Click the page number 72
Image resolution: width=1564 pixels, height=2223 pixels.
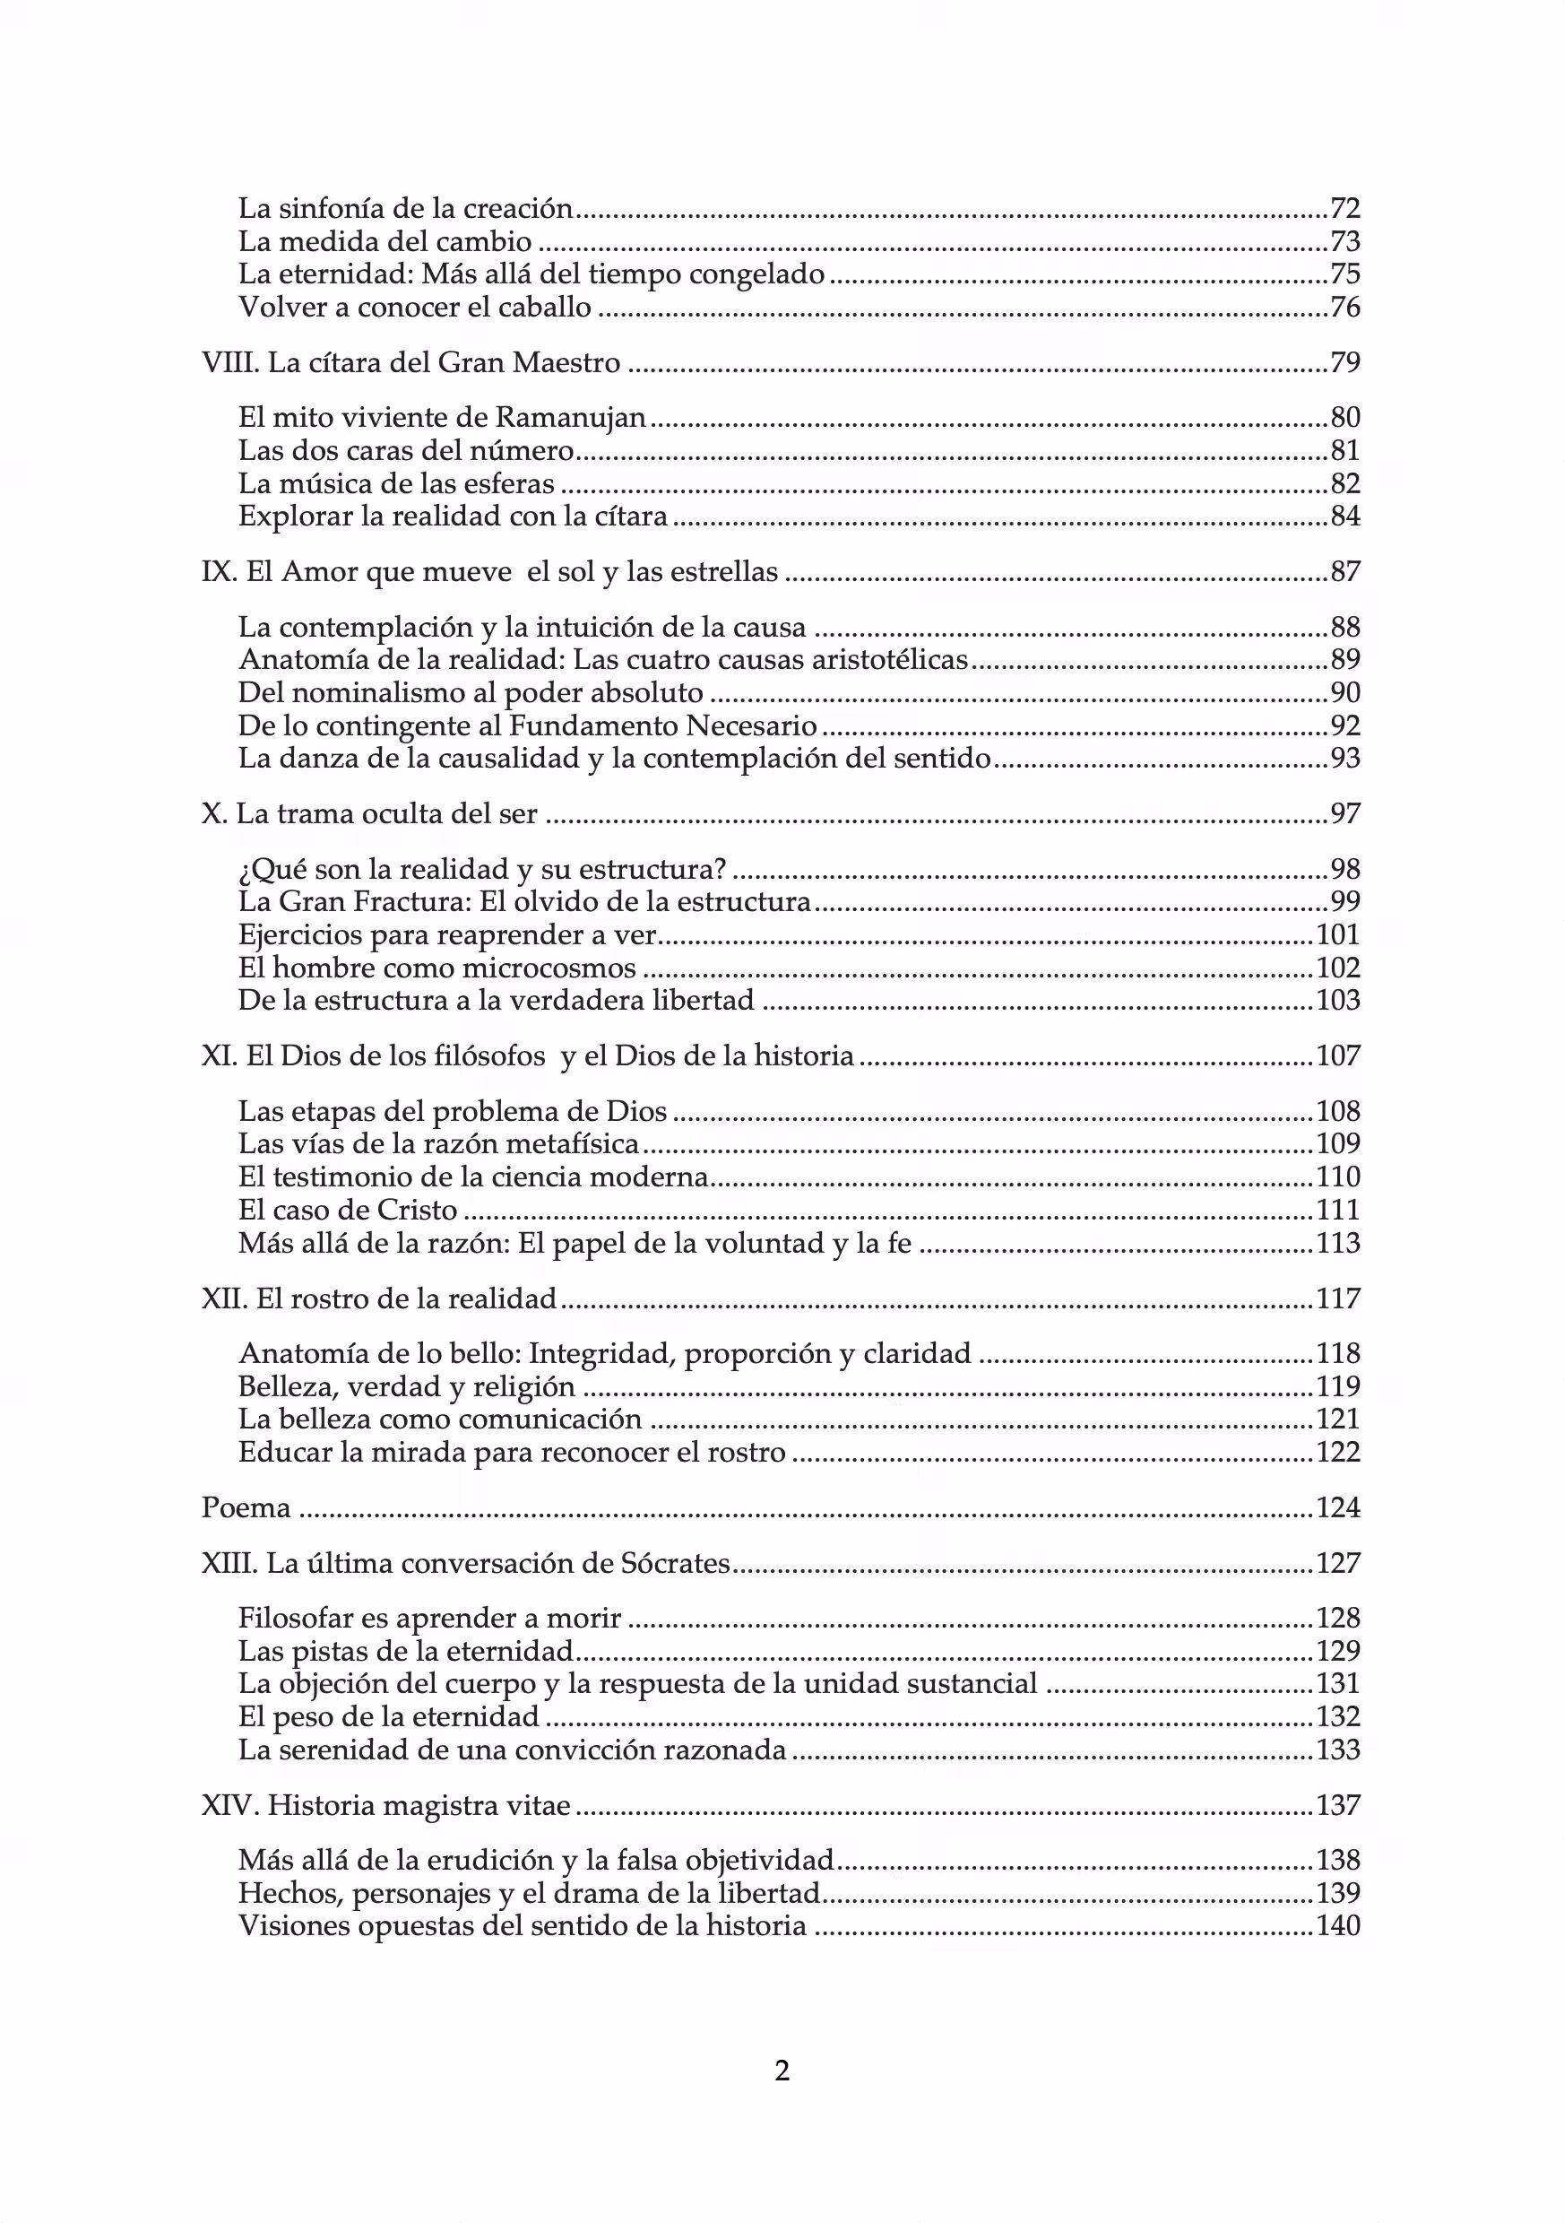pyautogui.click(x=1345, y=208)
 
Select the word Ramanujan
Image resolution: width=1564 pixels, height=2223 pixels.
pyautogui.click(x=570, y=418)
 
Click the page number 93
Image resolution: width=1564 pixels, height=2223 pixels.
pyautogui.click(x=1345, y=758)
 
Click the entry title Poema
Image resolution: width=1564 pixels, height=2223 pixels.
pyautogui.click(x=246, y=1508)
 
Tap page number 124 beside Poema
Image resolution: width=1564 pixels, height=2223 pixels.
pyautogui.click(x=1337, y=1508)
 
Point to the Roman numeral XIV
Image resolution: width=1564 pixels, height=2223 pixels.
pyautogui.click(x=229, y=1806)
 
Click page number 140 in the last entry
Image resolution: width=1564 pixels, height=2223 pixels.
pyautogui.click(x=1337, y=1926)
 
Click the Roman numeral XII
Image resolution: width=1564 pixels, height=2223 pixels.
pyautogui.click(x=223, y=1298)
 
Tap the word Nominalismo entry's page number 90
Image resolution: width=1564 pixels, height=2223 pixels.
pyautogui.click(x=1345, y=693)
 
